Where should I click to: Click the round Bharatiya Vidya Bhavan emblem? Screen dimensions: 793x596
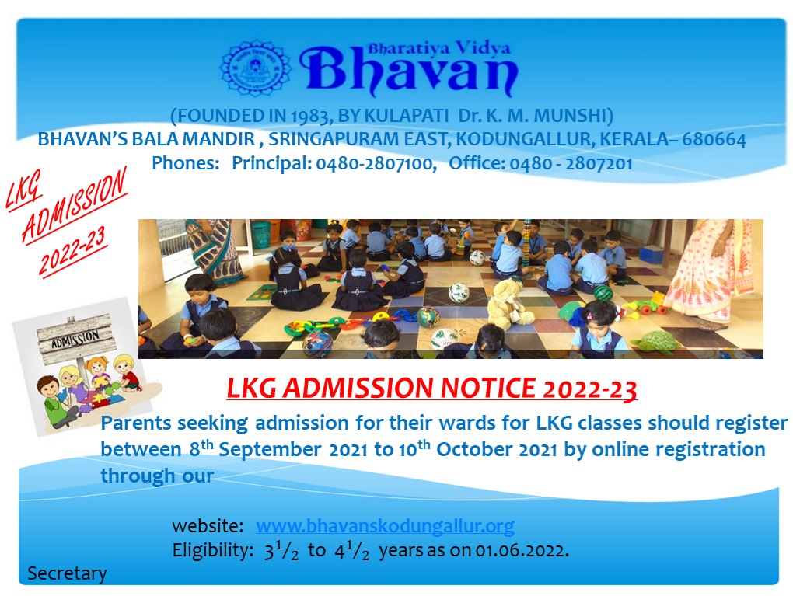(256, 68)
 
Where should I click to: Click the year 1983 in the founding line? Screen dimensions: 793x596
(310, 117)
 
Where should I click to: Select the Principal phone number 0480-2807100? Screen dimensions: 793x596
(376, 163)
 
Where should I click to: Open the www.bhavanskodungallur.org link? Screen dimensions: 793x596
(385, 526)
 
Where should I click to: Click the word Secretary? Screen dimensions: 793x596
(67, 573)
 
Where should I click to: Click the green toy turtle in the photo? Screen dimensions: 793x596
(656, 342)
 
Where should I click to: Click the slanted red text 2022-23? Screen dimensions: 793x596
(73, 251)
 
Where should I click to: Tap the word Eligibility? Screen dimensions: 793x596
(212, 550)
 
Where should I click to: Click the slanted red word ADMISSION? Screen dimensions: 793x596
(75, 204)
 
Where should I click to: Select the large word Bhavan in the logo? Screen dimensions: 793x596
(409, 70)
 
